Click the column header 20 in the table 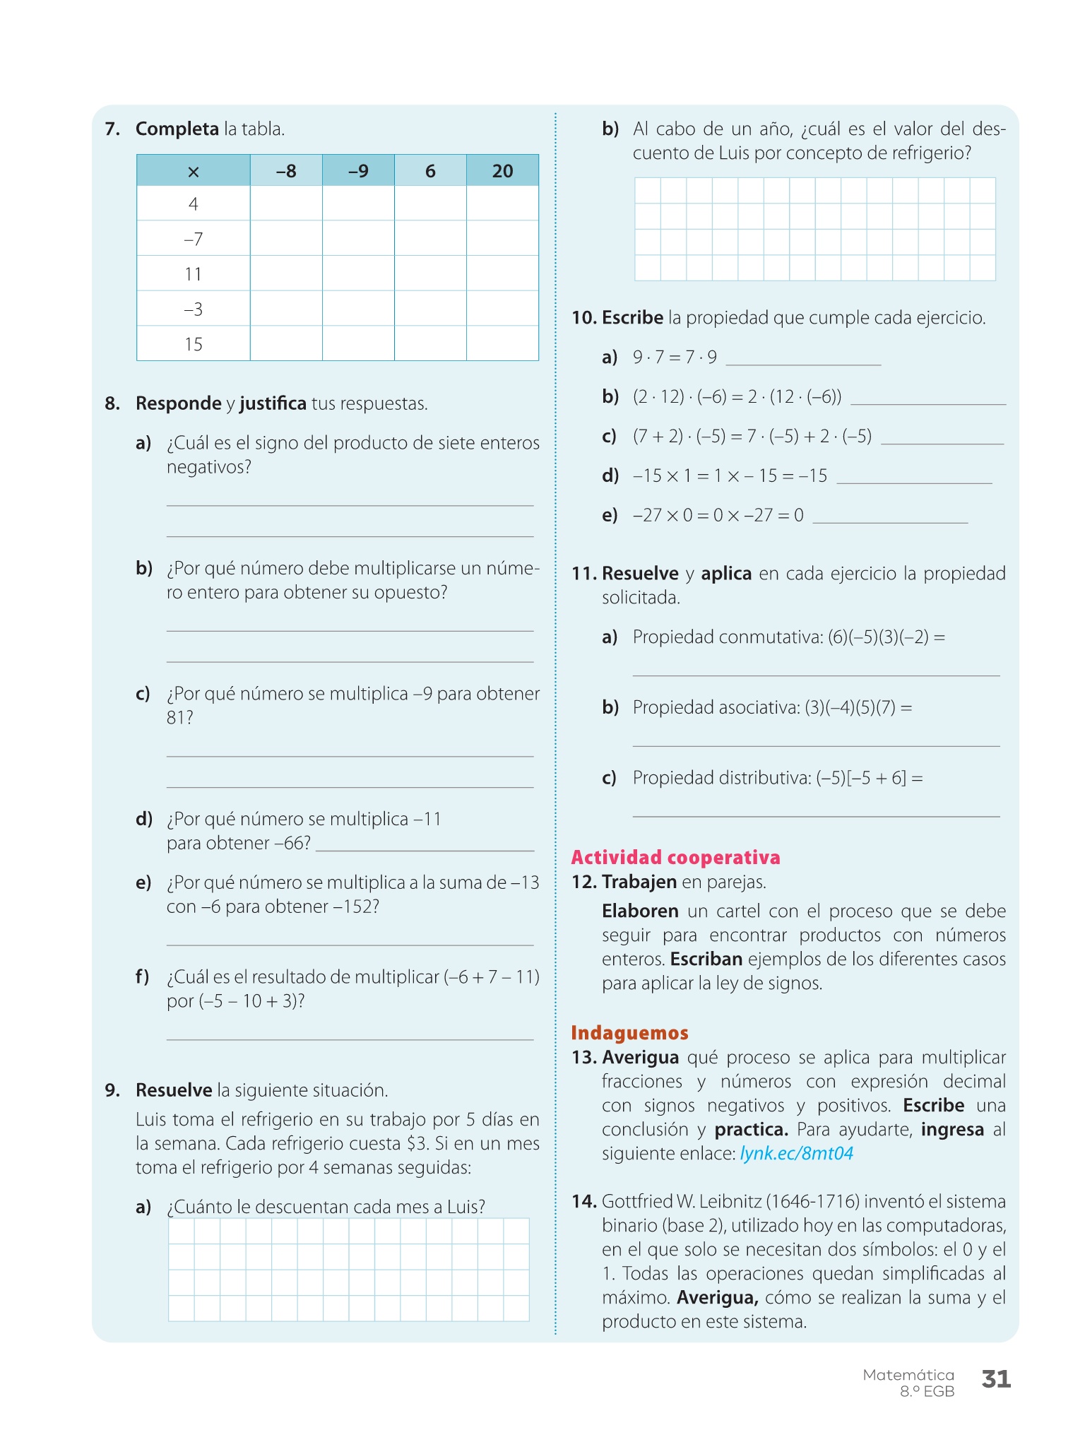click(502, 171)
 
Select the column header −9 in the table click(358, 171)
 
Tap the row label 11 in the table click(194, 274)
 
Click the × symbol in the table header click(194, 172)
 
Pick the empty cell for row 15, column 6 click(430, 343)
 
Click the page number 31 click(996, 1379)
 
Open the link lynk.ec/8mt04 click(797, 1154)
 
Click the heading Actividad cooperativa click(675, 858)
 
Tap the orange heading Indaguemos click(629, 1033)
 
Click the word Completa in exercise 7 click(177, 129)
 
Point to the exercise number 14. click(584, 1201)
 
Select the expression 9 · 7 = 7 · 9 click(675, 358)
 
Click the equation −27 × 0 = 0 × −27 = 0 click(718, 515)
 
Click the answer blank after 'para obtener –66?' click(425, 845)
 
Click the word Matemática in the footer click(908, 1375)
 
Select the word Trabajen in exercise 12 click(639, 882)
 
